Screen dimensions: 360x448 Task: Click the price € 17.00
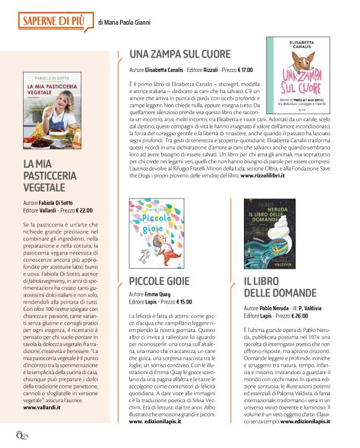(241, 70)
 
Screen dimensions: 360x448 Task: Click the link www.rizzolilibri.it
(263, 177)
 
